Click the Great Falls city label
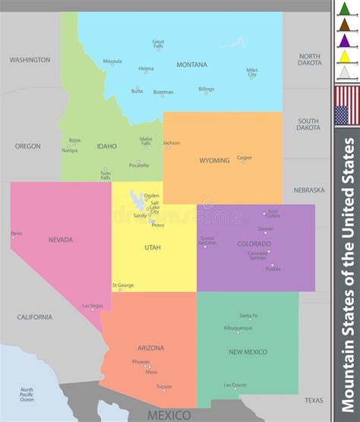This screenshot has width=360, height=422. pos(158,44)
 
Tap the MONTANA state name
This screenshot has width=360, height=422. pos(191,65)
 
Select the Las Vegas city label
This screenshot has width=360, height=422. pos(93,306)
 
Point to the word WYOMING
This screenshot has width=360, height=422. pos(214,161)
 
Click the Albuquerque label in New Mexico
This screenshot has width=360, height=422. pos(237,328)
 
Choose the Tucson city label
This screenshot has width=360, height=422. pos(164,386)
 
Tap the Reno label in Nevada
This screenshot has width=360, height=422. pos(17,233)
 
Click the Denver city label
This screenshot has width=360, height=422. pos(266,228)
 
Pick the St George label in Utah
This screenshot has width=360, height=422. pos(123,285)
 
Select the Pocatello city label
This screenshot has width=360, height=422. pos(139,165)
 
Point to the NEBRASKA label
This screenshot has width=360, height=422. pos(309,190)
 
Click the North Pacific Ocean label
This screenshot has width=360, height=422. pos(27,394)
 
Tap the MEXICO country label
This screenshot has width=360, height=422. pos(169,414)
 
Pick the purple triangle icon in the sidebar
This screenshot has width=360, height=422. pos(346,40)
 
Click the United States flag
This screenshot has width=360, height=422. pos(346,106)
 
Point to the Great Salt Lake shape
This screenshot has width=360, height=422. pos(136,200)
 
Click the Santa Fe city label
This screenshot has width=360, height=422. pos(249,316)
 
